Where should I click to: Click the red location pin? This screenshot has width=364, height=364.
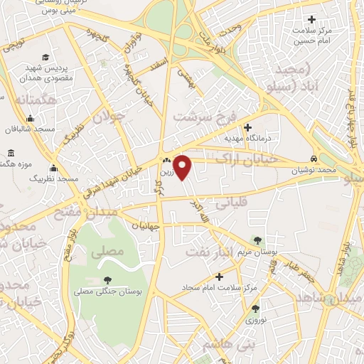[183, 167]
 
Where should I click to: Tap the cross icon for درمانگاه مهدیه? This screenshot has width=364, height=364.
[247, 127]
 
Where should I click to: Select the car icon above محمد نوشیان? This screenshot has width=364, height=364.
[314, 159]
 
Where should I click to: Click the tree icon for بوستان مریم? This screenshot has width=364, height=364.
[255, 241]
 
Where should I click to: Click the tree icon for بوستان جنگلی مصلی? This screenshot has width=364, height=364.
[107, 280]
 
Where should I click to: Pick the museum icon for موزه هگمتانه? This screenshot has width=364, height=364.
[11, 153]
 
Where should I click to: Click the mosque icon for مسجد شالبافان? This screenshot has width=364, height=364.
[30, 119]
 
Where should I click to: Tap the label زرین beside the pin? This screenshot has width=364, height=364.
[165, 171]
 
